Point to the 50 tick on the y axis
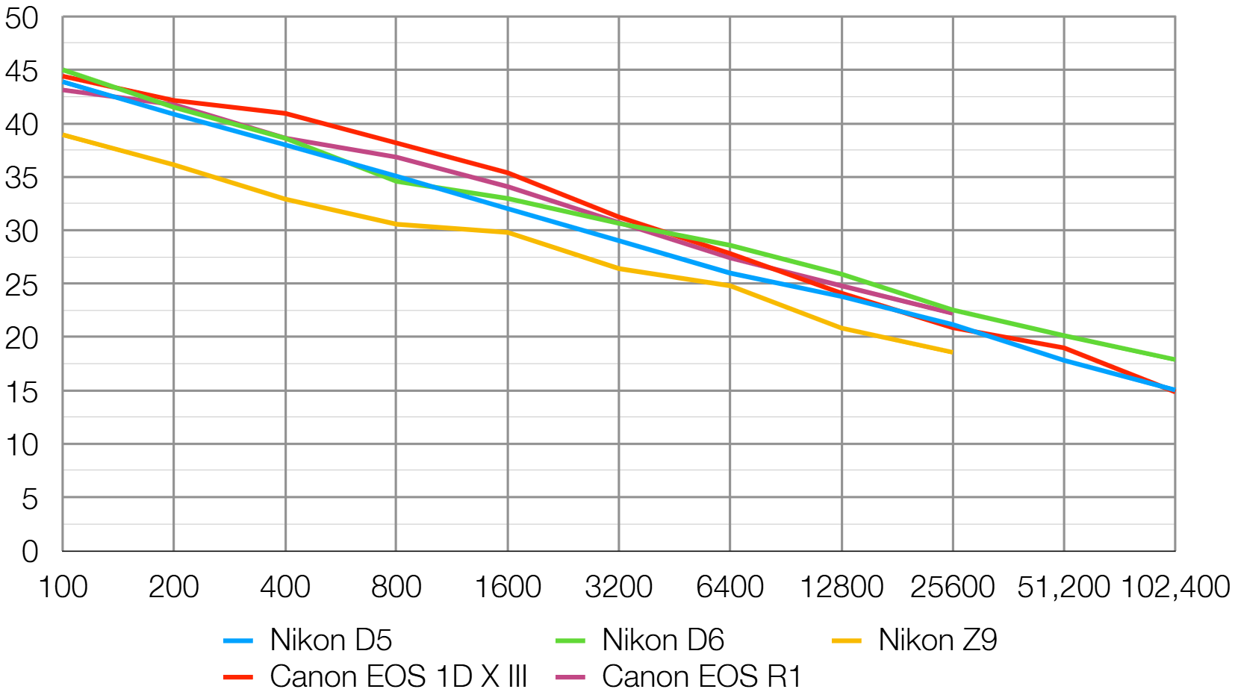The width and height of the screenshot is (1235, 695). pos(22,19)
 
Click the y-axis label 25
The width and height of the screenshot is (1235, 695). pos(22,285)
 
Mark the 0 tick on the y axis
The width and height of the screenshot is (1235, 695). pos(30,552)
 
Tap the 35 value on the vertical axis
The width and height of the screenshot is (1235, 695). pos(22,178)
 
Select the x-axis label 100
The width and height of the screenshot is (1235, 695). pos(63,587)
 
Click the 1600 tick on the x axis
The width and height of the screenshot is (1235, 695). pos(508,587)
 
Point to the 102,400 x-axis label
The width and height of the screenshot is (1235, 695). pos(1175,587)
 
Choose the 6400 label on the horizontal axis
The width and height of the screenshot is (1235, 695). pos(730,587)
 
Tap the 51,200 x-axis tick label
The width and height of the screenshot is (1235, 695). pos(1063,587)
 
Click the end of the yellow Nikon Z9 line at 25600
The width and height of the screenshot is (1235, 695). pos(952,352)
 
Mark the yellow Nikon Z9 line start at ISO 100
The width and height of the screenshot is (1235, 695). pos(63,134)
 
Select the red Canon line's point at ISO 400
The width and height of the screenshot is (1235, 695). pos(285,113)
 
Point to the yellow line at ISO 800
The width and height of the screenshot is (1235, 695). pos(396,224)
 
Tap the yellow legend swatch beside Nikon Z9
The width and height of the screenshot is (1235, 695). pos(847,641)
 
